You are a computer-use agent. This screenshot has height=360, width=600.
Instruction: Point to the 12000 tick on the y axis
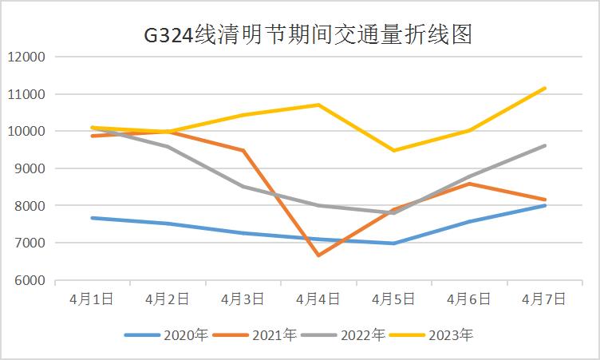[27, 57]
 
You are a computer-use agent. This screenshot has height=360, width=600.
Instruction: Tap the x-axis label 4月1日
[92, 299]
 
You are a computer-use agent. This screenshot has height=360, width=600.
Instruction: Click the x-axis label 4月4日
[318, 299]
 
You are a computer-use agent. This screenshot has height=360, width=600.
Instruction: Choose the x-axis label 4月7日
[544, 299]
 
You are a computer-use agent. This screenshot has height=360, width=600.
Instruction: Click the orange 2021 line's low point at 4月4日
[318, 255]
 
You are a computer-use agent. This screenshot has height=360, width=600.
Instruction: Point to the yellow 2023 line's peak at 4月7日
[545, 88]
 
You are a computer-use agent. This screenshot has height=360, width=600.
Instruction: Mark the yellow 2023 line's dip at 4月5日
[394, 150]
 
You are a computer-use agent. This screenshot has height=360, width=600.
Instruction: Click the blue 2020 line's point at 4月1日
[92, 217]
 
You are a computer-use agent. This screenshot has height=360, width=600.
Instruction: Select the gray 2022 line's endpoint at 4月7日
[545, 145]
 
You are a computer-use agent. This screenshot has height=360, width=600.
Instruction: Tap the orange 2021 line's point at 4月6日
[470, 184]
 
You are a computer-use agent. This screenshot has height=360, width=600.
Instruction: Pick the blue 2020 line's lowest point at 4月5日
[394, 243]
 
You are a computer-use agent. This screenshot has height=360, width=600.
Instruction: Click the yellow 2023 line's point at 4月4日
[318, 105]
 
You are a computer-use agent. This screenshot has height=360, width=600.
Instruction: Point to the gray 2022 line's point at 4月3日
[243, 187]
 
